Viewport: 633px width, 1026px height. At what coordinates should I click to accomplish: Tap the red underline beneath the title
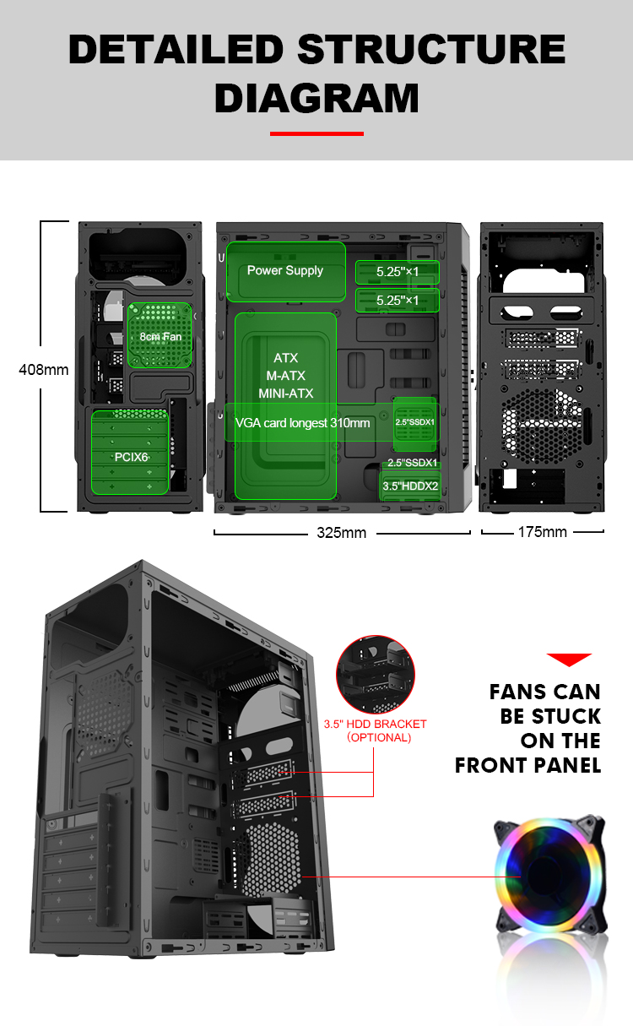[x=316, y=133]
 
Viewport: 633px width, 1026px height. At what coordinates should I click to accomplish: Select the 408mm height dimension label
[x=44, y=369]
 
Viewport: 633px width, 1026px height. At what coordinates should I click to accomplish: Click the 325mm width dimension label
[x=341, y=533]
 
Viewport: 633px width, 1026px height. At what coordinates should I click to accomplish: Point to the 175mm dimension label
[x=542, y=532]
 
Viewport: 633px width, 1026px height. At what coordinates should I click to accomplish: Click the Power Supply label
[x=285, y=271]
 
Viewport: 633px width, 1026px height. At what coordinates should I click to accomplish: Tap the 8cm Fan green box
[x=160, y=335]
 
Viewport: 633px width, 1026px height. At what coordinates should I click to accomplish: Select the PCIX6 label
[x=132, y=456]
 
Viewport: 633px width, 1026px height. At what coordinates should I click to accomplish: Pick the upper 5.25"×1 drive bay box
[x=398, y=273]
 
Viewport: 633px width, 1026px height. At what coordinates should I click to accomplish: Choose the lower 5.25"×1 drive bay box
[x=398, y=301]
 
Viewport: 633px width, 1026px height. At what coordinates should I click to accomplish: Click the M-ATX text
[x=285, y=376]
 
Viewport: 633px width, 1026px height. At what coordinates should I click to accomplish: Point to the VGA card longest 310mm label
[x=302, y=422]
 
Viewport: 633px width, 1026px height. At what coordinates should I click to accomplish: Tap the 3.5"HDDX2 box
[x=410, y=486]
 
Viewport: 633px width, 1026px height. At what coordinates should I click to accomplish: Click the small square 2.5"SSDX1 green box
[x=414, y=422]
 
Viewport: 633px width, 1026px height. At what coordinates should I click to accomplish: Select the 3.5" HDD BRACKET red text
[x=376, y=724]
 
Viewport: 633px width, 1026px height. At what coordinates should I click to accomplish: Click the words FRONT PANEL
[x=527, y=766]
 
